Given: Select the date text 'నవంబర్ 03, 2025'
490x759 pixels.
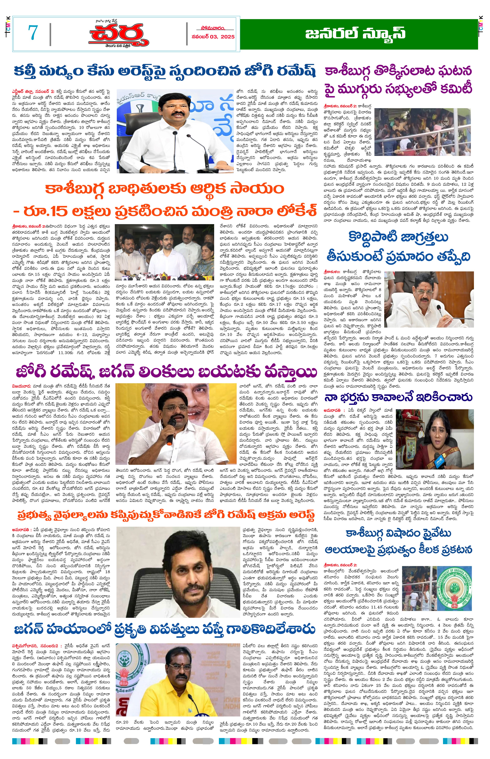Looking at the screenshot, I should click(x=213, y=37).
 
